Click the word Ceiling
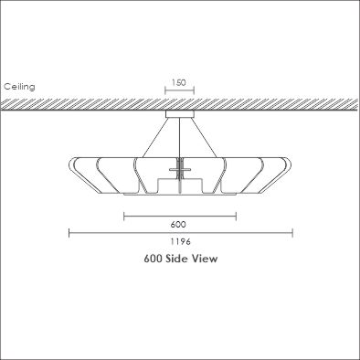19,87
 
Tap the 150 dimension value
179,82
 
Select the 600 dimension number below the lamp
178,225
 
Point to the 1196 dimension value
181,241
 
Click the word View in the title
205,259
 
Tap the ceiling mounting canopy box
180,114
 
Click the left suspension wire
155,137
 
